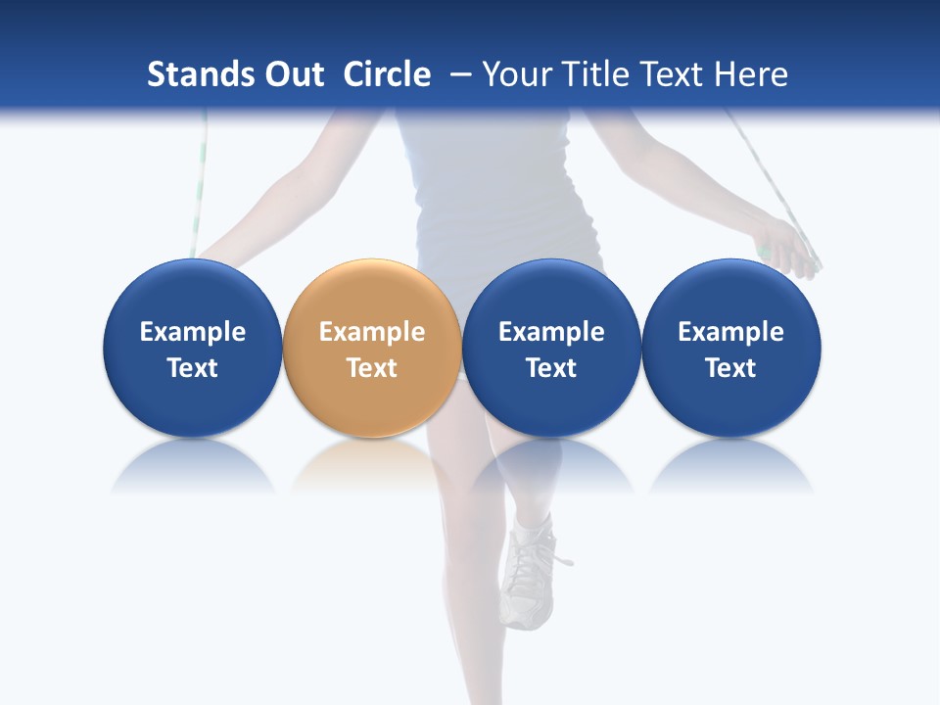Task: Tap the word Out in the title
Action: pyautogui.click(x=291, y=74)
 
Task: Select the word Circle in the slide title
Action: pyautogui.click(x=387, y=74)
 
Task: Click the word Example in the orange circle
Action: pyautogui.click(x=372, y=332)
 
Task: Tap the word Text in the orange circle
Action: pyautogui.click(x=372, y=368)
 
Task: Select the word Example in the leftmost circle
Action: pyautogui.click(x=193, y=332)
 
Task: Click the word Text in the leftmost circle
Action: pyautogui.click(x=193, y=368)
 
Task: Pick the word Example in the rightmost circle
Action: pyautogui.click(x=730, y=332)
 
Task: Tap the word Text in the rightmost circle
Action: pyautogui.click(x=730, y=368)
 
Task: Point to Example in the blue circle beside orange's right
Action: pyautogui.click(x=551, y=332)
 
